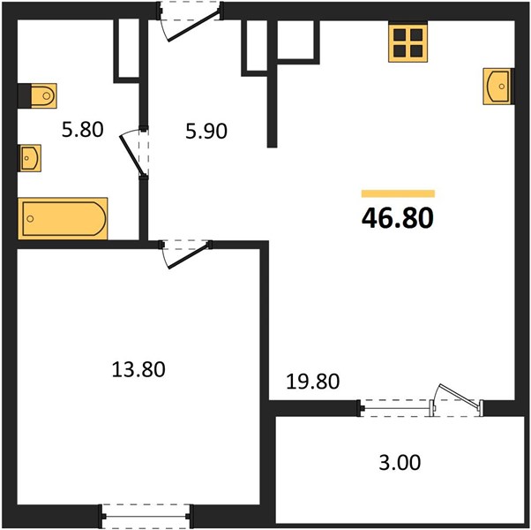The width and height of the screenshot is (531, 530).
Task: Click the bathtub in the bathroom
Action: point(63,218)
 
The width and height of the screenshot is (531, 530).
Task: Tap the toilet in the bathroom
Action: point(44,96)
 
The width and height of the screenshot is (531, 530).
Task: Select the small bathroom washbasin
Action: point(30,158)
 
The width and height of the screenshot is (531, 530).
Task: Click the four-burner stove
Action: point(408,43)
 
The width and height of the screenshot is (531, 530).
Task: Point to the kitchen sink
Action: point(497,87)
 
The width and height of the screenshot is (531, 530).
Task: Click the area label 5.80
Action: point(82,130)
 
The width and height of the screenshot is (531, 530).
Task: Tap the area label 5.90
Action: point(206,132)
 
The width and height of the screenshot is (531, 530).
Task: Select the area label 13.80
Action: point(138,369)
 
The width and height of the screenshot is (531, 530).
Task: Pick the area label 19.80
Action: point(312,381)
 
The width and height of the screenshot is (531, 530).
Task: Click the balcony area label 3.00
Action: point(400,462)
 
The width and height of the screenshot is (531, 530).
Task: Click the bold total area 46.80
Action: point(398,218)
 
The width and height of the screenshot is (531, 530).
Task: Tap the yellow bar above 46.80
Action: point(398,193)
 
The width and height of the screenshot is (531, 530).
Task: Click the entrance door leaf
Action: point(193,27)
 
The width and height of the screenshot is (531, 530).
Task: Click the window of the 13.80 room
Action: point(146,516)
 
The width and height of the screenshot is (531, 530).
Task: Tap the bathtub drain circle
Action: point(30,219)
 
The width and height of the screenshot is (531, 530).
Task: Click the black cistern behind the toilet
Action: point(25,96)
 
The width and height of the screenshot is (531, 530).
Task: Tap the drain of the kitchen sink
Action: point(502,87)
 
